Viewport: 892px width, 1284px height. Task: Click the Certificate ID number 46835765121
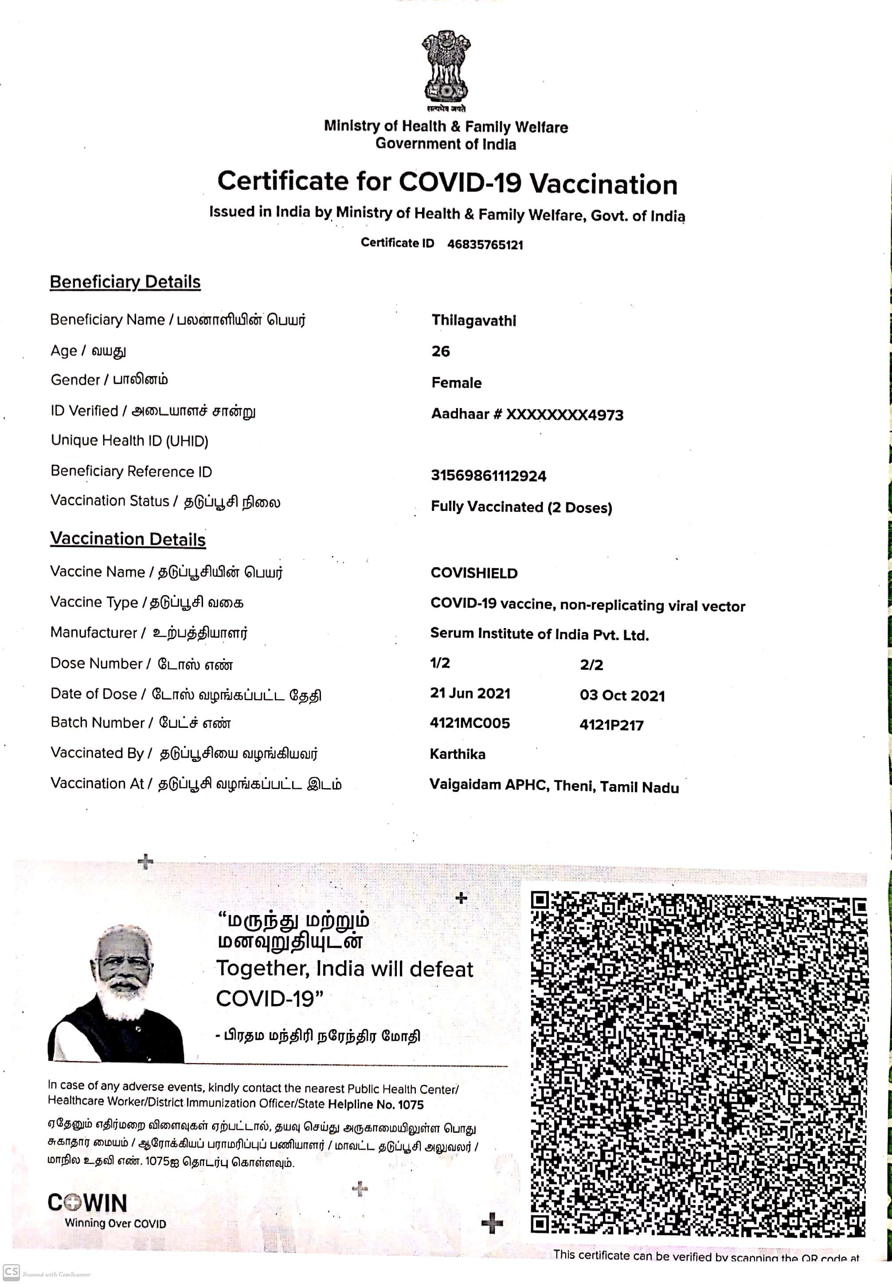[485, 244]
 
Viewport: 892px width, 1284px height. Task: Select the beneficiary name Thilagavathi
[473, 320]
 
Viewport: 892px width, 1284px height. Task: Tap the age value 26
[440, 351]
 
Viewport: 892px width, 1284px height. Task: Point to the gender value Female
[456, 383]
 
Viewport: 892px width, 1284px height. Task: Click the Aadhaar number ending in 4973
[527, 414]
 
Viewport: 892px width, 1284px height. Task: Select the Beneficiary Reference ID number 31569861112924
[488, 476]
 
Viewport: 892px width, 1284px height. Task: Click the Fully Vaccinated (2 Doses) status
[521, 507]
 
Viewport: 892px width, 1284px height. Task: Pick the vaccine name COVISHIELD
[474, 573]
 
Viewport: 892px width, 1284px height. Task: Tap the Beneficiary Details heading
[125, 282]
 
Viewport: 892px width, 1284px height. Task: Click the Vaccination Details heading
[128, 539]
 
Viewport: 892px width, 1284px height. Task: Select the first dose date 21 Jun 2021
[469, 693]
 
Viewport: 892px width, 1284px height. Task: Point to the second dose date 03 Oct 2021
[622, 695]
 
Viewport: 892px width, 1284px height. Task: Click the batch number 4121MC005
[469, 723]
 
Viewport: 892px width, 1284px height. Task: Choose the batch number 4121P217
[611, 725]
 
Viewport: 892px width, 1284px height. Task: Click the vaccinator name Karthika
[457, 754]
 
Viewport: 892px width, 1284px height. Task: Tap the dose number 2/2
[591, 665]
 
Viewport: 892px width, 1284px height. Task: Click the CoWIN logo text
[88, 1203]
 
